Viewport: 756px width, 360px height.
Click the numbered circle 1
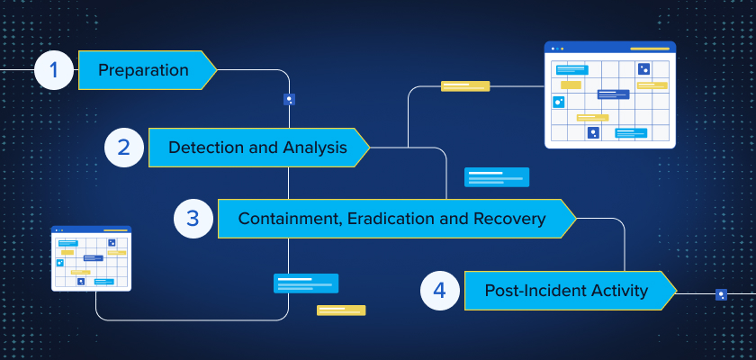tap(53, 70)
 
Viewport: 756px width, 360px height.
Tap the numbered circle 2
tap(124, 148)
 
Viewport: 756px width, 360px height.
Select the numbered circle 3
tap(193, 219)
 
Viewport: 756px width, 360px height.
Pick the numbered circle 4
tap(440, 291)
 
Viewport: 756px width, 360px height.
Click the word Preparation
tap(143, 70)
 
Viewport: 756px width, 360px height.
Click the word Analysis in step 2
tap(315, 148)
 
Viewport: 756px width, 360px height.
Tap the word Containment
tap(292, 219)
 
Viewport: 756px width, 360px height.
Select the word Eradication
tap(391, 219)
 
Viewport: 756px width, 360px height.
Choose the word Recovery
tap(509, 220)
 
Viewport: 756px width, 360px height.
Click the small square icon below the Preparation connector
tap(289, 100)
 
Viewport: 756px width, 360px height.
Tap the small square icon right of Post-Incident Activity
tap(721, 294)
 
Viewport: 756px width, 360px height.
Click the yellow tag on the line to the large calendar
tap(465, 86)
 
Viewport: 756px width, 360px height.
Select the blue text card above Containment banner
tap(497, 177)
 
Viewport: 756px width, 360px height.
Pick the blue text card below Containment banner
tap(306, 283)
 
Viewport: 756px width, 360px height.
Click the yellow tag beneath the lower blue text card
tap(341, 310)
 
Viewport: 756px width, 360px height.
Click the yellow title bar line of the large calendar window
tap(650, 49)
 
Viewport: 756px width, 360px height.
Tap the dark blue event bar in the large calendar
tap(613, 94)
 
